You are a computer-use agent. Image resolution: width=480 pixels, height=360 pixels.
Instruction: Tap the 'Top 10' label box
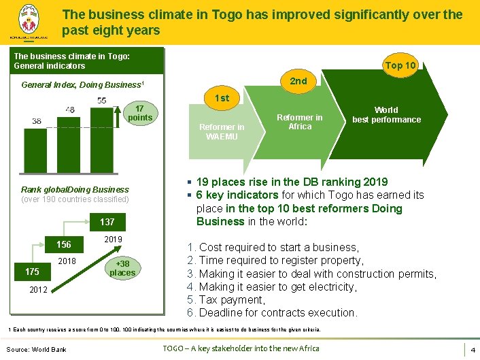[400, 65]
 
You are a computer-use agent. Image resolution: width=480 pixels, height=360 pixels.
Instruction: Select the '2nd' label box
[298, 81]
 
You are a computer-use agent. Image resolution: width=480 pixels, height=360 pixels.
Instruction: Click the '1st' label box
[222, 99]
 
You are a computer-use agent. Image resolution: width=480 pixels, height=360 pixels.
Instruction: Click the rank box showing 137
[107, 223]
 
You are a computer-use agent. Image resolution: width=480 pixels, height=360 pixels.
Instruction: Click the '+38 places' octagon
[122, 268]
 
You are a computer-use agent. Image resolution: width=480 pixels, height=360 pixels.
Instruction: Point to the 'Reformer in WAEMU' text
[222, 131]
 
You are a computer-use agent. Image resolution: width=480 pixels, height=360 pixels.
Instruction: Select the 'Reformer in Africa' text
[300, 122]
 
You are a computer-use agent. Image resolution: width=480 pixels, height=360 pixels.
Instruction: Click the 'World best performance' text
[386, 114]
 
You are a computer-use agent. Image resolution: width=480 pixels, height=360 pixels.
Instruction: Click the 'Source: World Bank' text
[37, 349]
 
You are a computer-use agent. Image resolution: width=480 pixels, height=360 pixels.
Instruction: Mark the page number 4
[472, 349]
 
